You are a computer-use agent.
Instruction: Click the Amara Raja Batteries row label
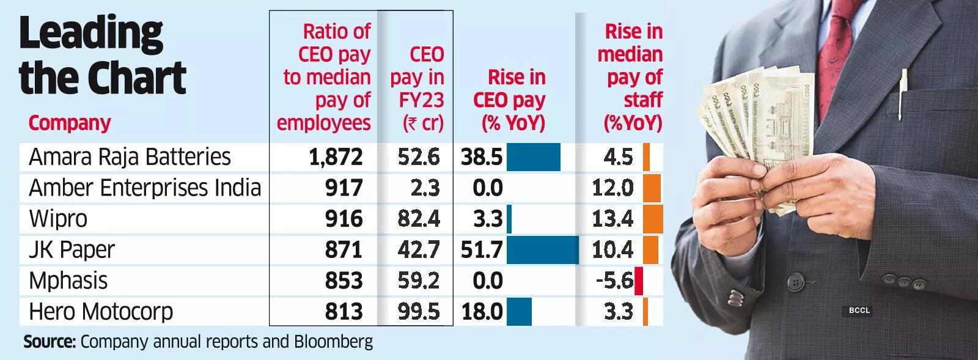(130, 157)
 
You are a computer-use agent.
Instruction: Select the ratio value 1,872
(336, 157)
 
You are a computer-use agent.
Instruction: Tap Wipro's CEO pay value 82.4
(419, 219)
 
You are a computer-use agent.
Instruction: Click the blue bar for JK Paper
(542, 250)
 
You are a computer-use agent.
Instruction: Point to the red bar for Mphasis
(639, 281)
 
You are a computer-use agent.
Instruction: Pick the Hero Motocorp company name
(101, 312)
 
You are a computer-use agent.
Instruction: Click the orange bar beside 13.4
(653, 219)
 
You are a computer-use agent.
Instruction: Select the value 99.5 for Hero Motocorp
(419, 312)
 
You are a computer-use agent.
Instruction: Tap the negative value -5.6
(614, 281)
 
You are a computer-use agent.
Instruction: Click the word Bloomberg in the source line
(334, 341)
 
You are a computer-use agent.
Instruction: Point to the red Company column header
(69, 123)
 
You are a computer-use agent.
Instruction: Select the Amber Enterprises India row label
(145, 188)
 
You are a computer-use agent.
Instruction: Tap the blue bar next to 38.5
(534, 157)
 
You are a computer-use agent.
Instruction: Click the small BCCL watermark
(859, 310)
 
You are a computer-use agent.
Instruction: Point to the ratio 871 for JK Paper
(344, 250)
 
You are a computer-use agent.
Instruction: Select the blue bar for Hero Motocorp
(519, 312)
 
